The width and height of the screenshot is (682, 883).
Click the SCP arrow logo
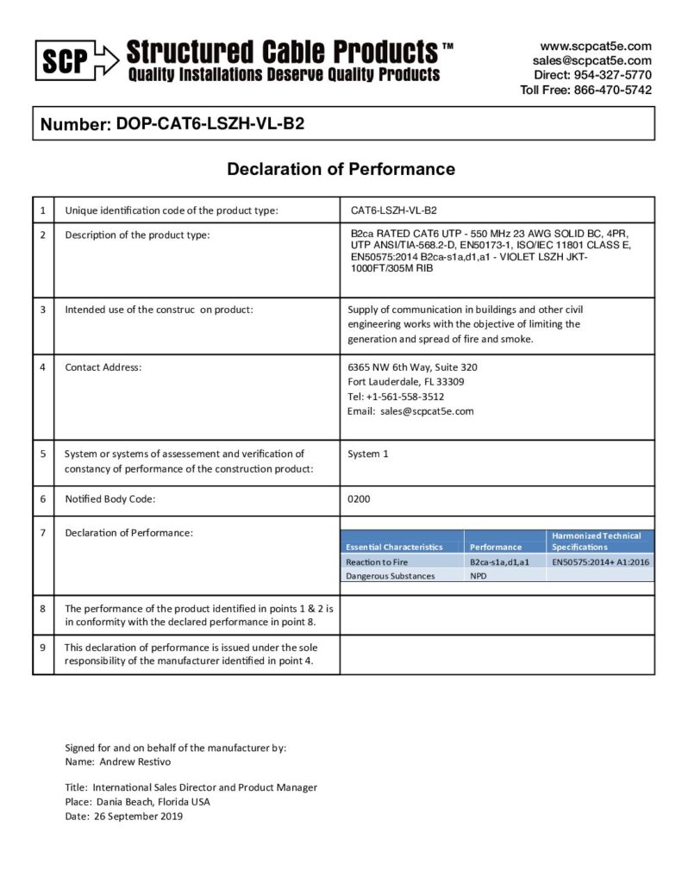[x=76, y=60]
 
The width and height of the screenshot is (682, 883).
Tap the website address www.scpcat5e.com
[x=596, y=46]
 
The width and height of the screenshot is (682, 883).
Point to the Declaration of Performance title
[x=341, y=169]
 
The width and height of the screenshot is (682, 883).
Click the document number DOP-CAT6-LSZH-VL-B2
[x=208, y=123]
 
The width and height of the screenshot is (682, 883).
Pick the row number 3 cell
[x=43, y=310]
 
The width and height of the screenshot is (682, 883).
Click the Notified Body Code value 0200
[x=359, y=499]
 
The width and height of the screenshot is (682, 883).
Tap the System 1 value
[x=367, y=454]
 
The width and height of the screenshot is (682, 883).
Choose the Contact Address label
[x=103, y=367]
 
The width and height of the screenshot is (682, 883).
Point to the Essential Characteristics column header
[x=394, y=547]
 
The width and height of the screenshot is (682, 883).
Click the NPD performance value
[x=479, y=575]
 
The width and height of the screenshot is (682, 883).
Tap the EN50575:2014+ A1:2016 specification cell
[x=601, y=561]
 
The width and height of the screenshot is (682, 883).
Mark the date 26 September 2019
[x=137, y=816]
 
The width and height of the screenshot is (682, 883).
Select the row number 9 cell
[x=43, y=647]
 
